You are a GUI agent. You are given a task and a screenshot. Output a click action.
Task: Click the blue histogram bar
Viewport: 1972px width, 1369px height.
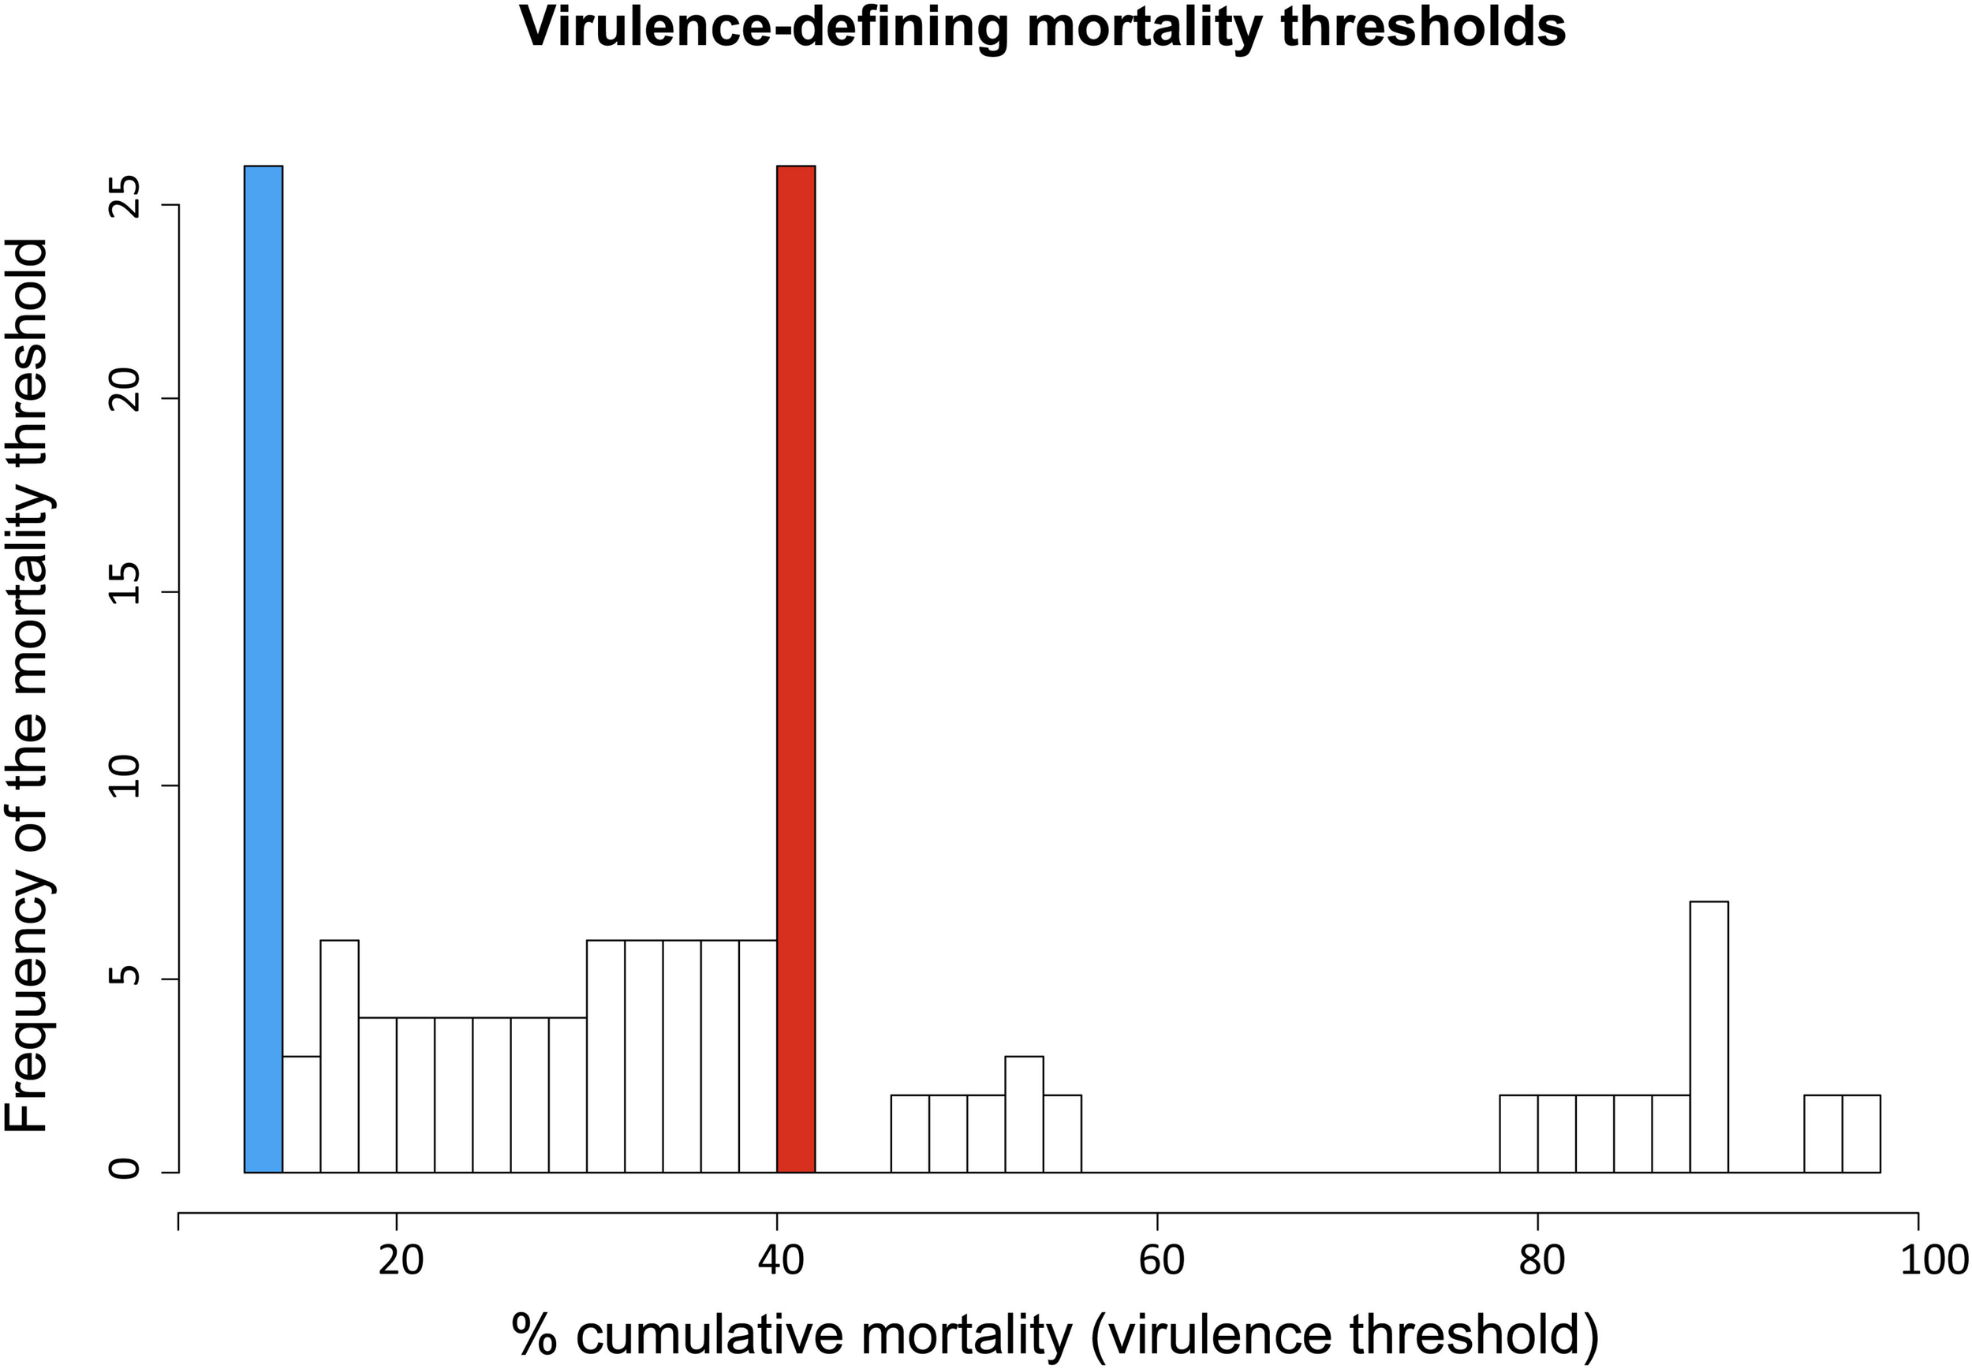click(x=263, y=669)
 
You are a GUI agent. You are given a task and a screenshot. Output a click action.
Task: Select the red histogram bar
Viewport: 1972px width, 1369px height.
click(x=795, y=669)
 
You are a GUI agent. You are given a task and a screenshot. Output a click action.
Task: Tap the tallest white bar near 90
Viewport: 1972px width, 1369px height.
click(x=1708, y=1037)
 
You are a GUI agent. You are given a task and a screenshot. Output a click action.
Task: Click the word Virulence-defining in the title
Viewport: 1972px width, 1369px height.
click(x=764, y=28)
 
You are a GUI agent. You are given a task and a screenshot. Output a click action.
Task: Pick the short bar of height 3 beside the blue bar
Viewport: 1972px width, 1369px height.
click(x=301, y=1114)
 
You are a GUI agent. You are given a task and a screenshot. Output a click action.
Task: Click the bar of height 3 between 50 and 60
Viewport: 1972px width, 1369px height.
click(x=1023, y=1114)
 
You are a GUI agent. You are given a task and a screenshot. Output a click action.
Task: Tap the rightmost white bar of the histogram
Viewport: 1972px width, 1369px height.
click(x=1861, y=1133)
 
